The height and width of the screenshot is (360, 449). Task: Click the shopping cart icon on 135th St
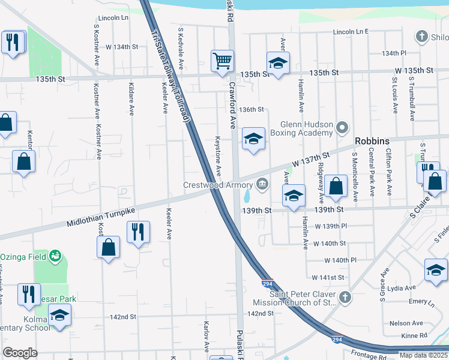coord(222,61)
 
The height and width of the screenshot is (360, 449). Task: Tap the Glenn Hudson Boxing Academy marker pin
coord(342,127)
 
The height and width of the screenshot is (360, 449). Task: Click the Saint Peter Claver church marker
coord(345,297)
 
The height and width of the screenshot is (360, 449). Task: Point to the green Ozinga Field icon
coord(55,256)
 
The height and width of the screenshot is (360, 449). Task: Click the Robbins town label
coord(372,141)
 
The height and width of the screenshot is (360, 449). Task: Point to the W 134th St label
coord(122,46)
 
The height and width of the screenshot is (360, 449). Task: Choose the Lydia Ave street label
coord(400,288)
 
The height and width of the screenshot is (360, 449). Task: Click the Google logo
coord(20,353)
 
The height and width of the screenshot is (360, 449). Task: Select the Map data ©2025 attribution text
coord(423,355)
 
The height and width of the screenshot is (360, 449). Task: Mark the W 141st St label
coord(328,277)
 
